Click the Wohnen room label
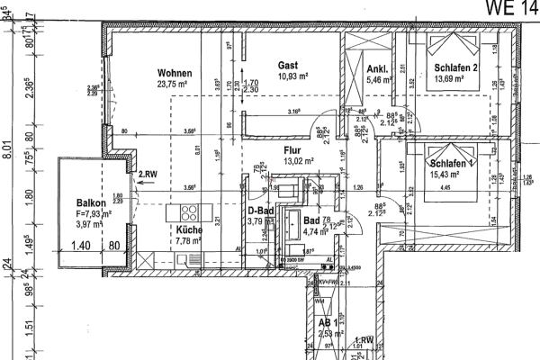pyautogui.click(x=175, y=73)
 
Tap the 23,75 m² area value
pyautogui.click(x=174, y=84)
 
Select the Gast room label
pyautogui.click(x=288, y=66)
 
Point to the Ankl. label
pyautogui.click(x=377, y=69)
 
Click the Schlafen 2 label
pyautogui.click(x=455, y=68)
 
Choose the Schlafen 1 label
pyautogui.click(x=451, y=164)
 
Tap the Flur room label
pyautogui.click(x=292, y=150)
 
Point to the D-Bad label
pyautogui.click(x=260, y=210)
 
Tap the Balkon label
pyautogui.click(x=93, y=202)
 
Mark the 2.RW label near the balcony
pyautogui.click(x=147, y=174)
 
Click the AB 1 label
pyautogui.click(x=328, y=321)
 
